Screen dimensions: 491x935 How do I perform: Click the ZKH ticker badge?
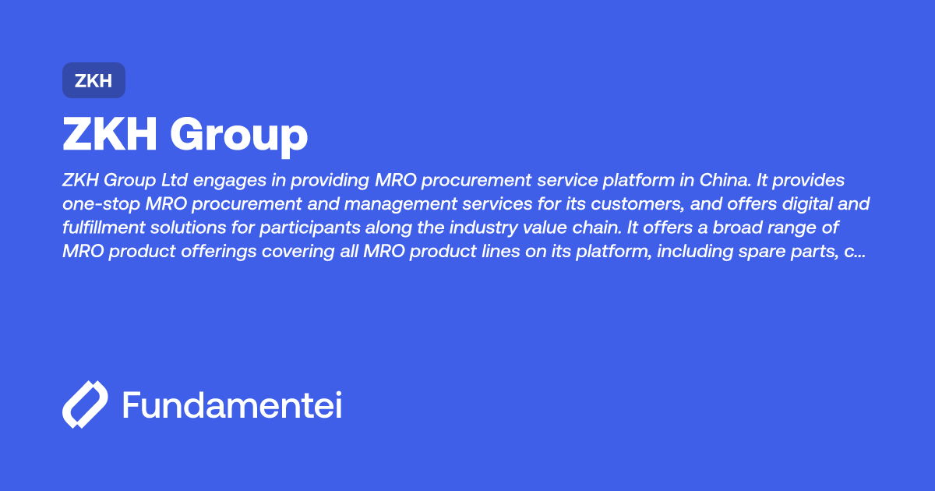click(x=93, y=80)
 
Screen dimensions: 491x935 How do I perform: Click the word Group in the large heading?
click(x=239, y=135)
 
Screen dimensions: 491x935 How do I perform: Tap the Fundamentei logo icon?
click(x=84, y=405)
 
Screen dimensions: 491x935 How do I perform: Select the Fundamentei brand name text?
click(x=232, y=405)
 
